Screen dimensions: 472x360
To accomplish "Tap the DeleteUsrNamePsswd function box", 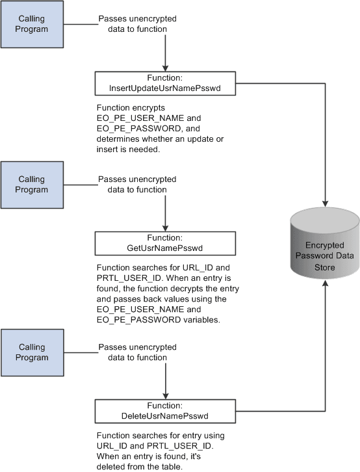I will (167, 411).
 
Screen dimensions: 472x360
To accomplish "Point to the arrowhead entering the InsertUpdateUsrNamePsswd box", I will (167, 67).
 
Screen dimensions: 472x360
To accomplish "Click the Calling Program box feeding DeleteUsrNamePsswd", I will (32, 352).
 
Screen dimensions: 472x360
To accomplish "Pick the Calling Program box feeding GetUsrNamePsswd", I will (32, 185).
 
